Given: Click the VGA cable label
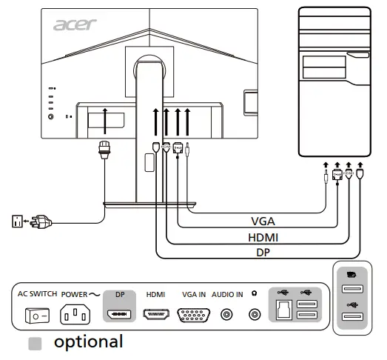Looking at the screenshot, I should [x=265, y=221].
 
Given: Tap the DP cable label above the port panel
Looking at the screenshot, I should [x=265, y=252].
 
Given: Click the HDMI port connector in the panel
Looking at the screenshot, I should [x=155, y=314].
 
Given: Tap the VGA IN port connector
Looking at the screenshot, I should [x=194, y=315].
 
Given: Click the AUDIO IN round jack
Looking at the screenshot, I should [x=227, y=314].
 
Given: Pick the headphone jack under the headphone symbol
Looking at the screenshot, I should [x=255, y=314].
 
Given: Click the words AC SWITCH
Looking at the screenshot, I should [x=36, y=294].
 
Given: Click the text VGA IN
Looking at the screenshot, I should [x=194, y=294].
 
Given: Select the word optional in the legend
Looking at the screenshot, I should [x=88, y=342].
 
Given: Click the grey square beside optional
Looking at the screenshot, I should [x=34, y=343].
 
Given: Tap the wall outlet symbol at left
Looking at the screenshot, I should [x=17, y=221].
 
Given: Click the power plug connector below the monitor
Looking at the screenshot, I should [x=104, y=150].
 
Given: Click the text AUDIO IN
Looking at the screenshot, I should [x=227, y=294].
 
